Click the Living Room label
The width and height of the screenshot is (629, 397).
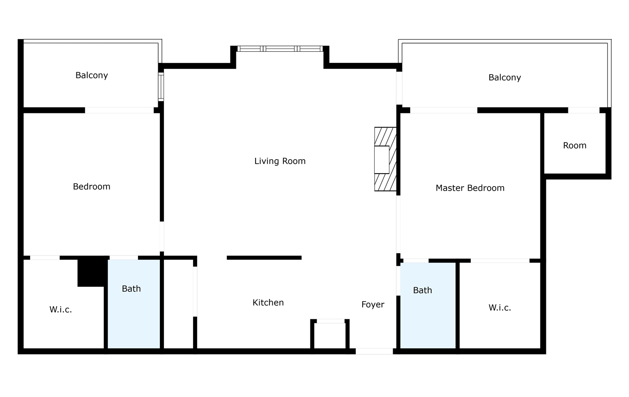click(279, 161)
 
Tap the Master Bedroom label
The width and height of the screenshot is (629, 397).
click(470, 188)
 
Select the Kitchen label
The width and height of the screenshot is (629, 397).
click(268, 303)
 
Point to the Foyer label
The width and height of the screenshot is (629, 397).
click(372, 304)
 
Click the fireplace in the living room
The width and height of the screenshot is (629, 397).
click(385, 159)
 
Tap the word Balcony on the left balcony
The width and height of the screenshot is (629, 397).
click(92, 76)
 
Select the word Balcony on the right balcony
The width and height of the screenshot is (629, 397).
click(505, 77)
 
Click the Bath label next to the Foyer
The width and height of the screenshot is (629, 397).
click(422, 290)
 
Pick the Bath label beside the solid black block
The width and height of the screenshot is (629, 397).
click(131, 289)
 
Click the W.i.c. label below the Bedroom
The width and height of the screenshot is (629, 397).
click(61, 310)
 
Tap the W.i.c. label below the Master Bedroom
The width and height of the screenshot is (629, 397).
click(500, 308)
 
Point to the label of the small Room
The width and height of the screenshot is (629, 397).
click(575, 146)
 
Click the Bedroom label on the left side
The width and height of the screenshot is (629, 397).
click(92, 187)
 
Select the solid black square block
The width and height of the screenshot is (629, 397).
click(93, 272)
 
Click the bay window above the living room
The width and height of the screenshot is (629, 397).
click(280, 49)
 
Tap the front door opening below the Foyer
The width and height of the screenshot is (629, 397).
click(374, 351)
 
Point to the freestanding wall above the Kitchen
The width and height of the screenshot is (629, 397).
click(264, 258)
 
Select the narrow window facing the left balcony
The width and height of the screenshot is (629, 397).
click(161, 87)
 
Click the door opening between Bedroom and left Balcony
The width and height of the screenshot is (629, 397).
click(120, 110)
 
